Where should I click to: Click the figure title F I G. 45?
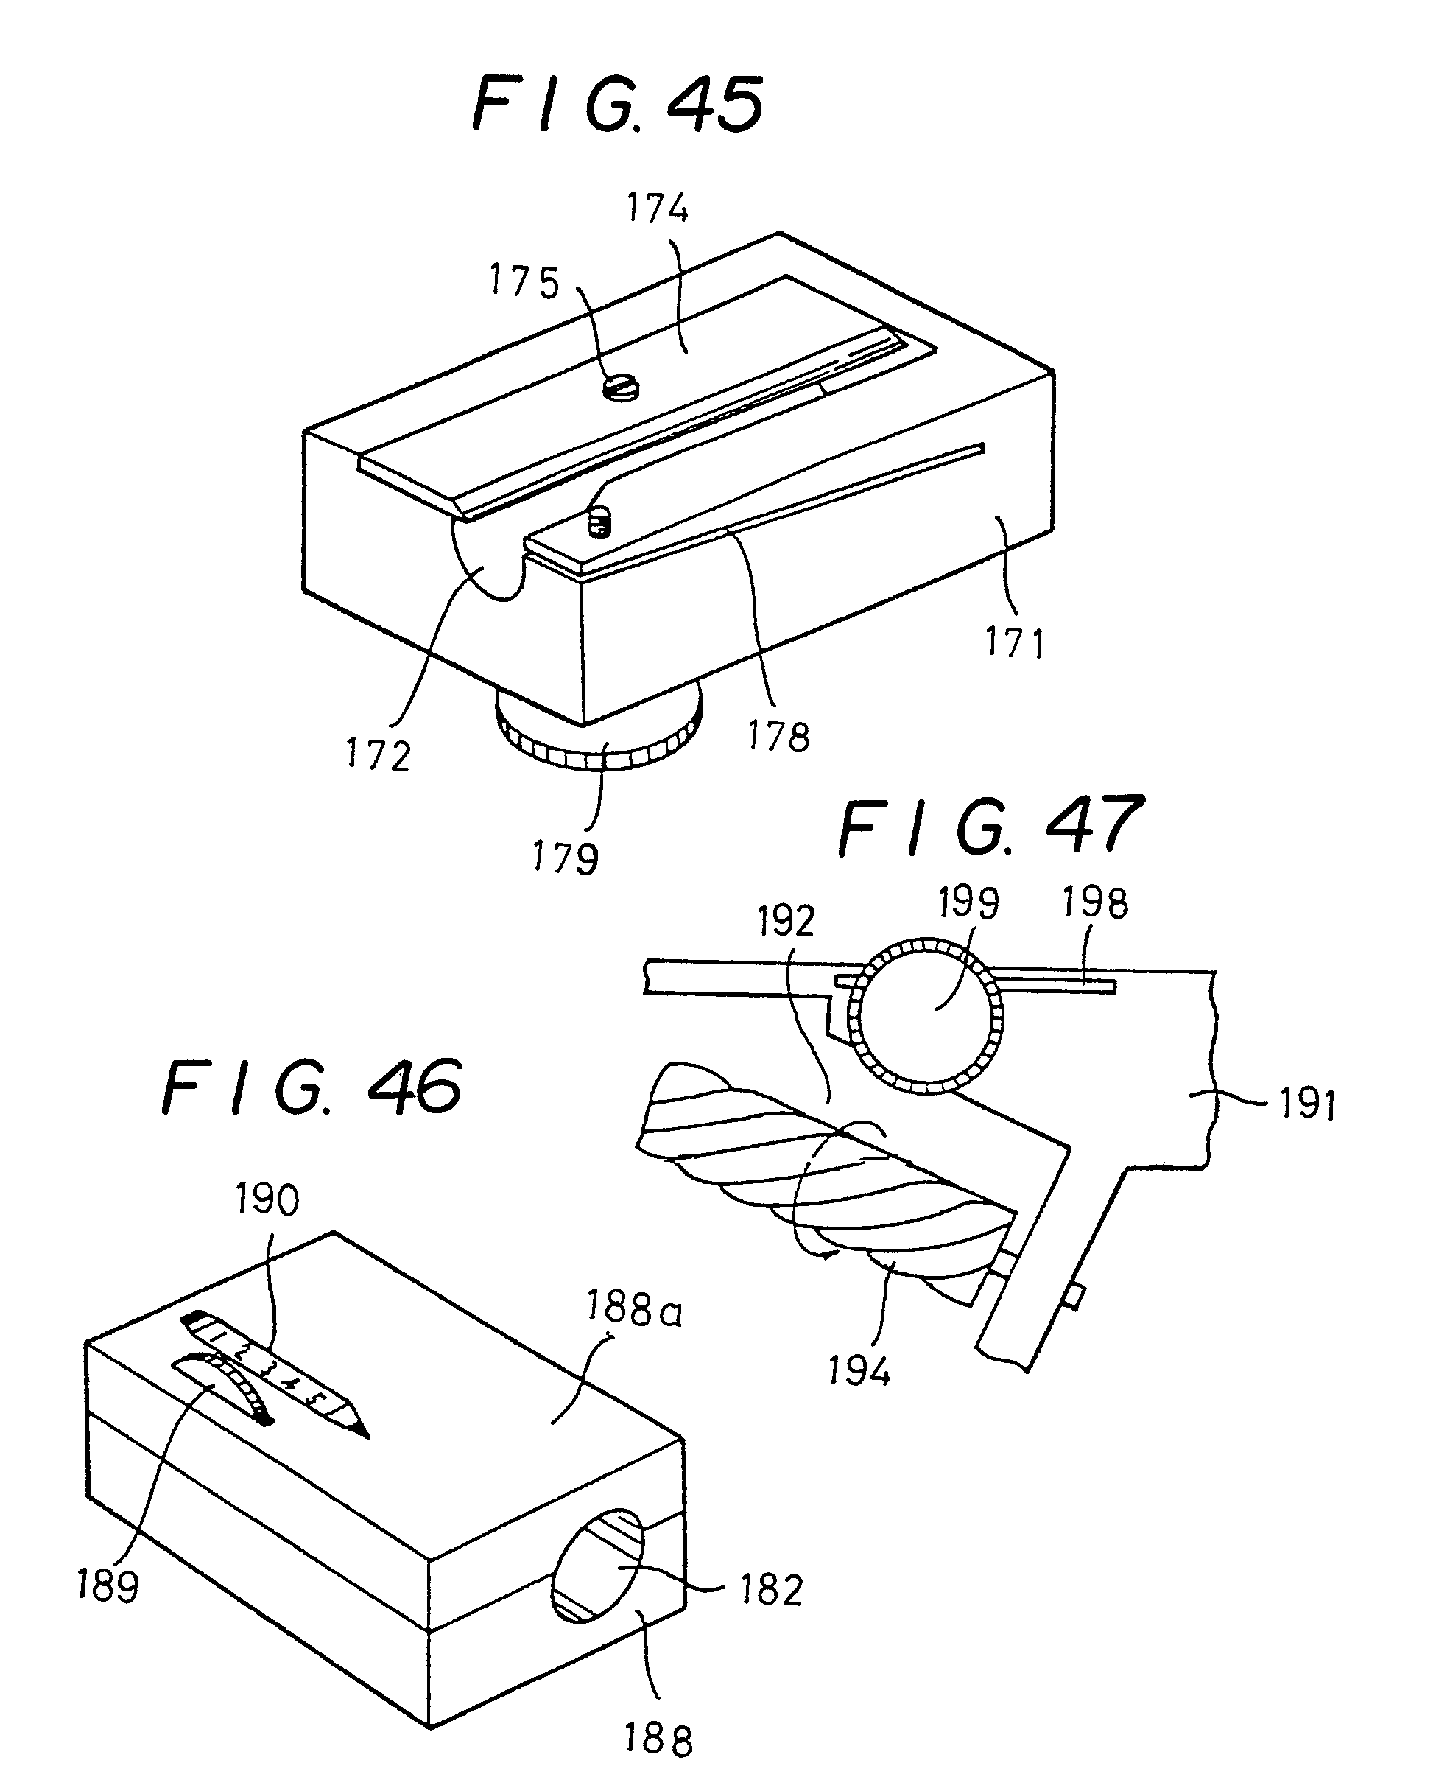click(616, 105)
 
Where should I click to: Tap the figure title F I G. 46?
click(311, 1087)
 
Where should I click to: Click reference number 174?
click(658, 208)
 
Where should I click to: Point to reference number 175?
click(524, 281)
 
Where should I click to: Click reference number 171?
click(1015, 643)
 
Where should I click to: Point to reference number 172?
click(379, 756)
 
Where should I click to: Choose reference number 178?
click(778, 737)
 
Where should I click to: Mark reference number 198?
click(1095, 903)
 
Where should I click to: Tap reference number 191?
click(1308, 1104)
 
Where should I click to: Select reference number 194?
click(859, 1371)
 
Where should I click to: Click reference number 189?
click(108, 1585)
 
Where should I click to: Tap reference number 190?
click(267, 1199)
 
